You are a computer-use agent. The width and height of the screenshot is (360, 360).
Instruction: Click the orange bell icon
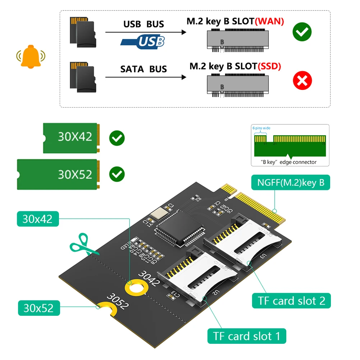(31, 56)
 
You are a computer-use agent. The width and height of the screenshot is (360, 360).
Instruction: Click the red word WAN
(269, 21)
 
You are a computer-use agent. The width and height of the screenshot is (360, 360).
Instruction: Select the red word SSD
(269, 66)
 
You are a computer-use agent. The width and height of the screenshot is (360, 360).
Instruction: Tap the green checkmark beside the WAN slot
(302, 32)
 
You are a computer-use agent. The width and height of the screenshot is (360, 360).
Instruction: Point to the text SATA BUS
(143, 69)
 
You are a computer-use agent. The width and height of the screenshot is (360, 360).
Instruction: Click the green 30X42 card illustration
(70, 138)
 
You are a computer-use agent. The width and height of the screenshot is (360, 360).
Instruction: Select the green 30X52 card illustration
(57, 174)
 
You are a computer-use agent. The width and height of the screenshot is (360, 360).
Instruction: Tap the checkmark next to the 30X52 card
(117, 174)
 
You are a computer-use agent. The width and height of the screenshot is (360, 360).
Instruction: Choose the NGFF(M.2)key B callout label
(291, 183)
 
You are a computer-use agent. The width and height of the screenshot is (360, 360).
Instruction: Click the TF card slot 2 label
(291, 301)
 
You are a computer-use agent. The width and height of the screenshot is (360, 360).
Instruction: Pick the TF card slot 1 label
(246, 336)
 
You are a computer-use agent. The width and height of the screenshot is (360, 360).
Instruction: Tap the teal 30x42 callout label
(37, 219)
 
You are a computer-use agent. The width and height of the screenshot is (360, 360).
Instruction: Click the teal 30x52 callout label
(38, 308)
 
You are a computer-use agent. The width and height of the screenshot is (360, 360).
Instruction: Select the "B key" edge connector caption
(290, 162)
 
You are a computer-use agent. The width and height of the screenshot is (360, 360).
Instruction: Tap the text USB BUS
(143, 24)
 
